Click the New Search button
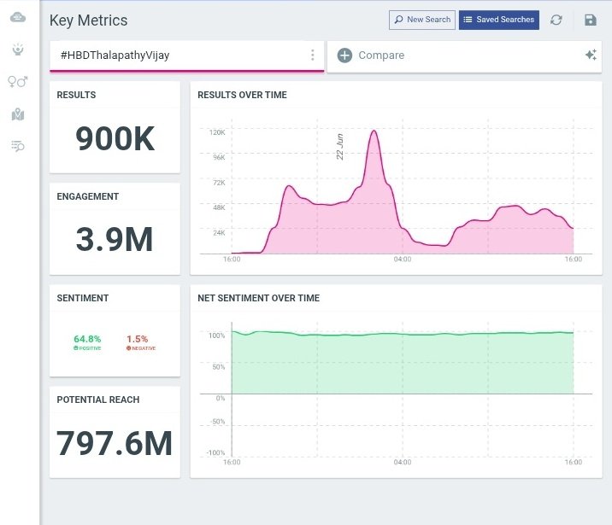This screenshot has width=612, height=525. [422, 20]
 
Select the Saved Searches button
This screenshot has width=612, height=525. [499, 20]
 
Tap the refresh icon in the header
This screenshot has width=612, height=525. [556, 20]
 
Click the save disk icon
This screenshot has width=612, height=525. [590, 20]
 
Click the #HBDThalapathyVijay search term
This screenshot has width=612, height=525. [115, 55]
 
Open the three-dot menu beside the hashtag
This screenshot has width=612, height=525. [313, 55]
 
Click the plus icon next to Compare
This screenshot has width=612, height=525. [344, 55]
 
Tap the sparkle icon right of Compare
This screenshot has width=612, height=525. [590, 55]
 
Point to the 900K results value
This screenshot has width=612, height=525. [115, 139]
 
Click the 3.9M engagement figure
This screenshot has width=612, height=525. [115, 240]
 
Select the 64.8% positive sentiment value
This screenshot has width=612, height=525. [87, 339]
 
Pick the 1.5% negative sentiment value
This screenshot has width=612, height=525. [137, 339]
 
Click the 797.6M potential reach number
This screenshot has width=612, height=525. [115, 443]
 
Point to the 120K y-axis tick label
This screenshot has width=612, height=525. [216, 132]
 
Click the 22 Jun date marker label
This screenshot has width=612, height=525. [340, 147]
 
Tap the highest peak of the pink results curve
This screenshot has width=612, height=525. [373, 131]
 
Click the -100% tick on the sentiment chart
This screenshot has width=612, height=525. [215, 452]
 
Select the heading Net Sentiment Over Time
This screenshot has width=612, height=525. [258, 299]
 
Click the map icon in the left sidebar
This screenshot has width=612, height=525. [18, 114]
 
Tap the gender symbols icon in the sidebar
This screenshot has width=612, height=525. [18, 82]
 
